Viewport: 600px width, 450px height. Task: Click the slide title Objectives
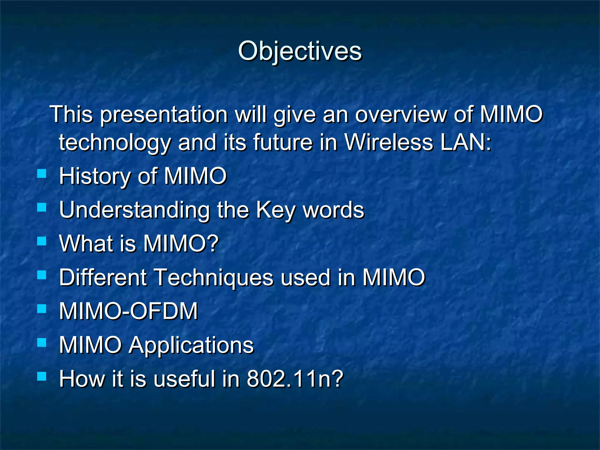coord(300,51)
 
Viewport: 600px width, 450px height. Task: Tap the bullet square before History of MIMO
coord(42,174)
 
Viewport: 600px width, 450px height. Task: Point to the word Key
coord(275,210)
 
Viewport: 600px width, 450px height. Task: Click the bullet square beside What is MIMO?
coord(42,241)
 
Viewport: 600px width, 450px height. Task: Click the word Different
coord(103,277)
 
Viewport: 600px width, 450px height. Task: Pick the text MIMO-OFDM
coord(128,311)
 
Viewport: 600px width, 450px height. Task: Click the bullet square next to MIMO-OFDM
coord(42,308)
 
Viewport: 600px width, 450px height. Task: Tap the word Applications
coord(191,345)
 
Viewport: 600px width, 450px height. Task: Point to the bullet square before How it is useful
coord(42,376)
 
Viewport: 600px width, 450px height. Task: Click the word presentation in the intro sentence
coord(164,114)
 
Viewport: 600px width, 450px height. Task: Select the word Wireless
coord(388,142)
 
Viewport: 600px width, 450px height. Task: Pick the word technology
coord(115,142)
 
